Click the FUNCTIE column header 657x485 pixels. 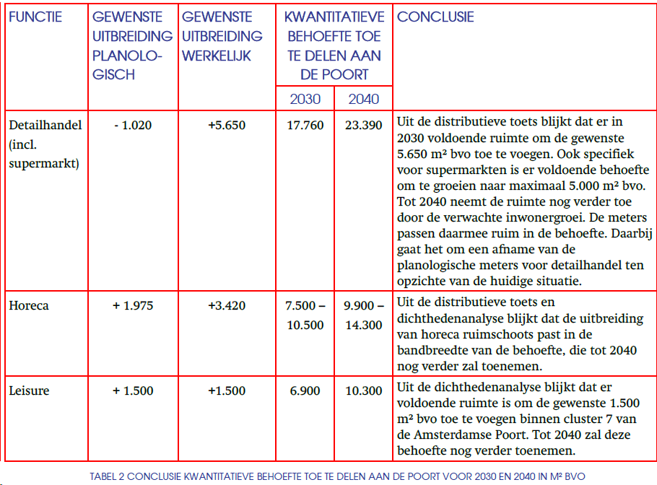click(x=35, y=17)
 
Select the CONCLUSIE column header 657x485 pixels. click(x=435, y=17)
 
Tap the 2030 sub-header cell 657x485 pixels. click(x=305, y=99)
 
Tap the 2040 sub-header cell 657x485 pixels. click(x=363, y=99)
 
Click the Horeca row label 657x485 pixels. click(x=29, y=305)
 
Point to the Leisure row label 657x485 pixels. click(x=30, y=390)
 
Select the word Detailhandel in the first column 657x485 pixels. click(x=45, y=125)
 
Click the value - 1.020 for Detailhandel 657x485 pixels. click(x=133, y=125)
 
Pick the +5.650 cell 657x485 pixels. click(x=226, y=125)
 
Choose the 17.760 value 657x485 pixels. click(x=305, y=125)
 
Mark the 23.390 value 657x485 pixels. click(x=363, y=125)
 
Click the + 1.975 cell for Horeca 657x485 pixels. click(x=133, y=305)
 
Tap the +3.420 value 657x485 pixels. click(x=226, y=305)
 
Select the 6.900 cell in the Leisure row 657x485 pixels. click(x=305, y=390)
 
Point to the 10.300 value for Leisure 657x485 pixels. click(x=363, y=390)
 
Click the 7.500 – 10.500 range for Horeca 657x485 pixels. click(x=305, y=315)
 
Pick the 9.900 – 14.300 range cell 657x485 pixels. click(x=363, y=315)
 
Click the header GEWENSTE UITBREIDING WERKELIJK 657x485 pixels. click(x=222, y=36)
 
